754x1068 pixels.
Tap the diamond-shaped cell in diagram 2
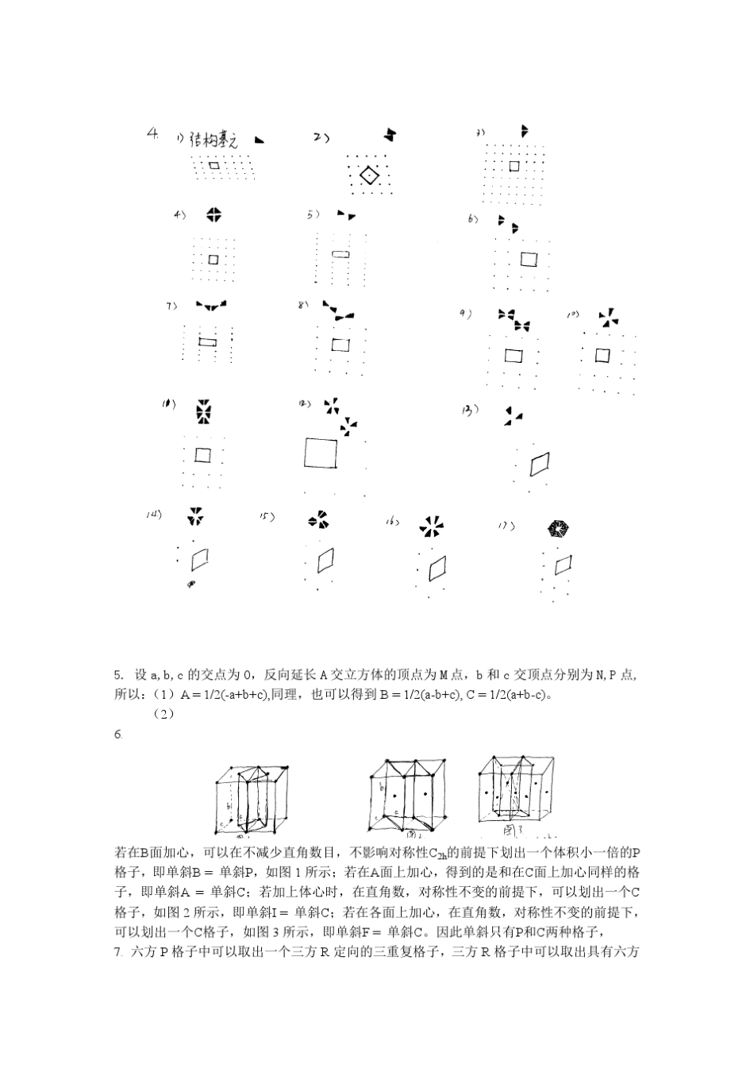[369, 176]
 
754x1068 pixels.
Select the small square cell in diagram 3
[514, 166]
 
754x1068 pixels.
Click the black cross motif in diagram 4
[213, 214]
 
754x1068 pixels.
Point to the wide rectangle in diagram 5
[340, 253]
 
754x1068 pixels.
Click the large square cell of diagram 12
[320, 453]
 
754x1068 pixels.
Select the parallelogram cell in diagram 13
[540, 464]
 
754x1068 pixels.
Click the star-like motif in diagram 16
[432, 526]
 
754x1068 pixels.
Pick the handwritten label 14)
[153, 514]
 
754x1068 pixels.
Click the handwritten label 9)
[466, 314]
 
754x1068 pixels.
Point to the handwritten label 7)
[171, 305]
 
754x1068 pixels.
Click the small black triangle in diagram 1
[259, 140]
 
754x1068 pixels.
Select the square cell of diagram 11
[203, 455]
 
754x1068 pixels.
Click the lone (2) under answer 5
[163, 714]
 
